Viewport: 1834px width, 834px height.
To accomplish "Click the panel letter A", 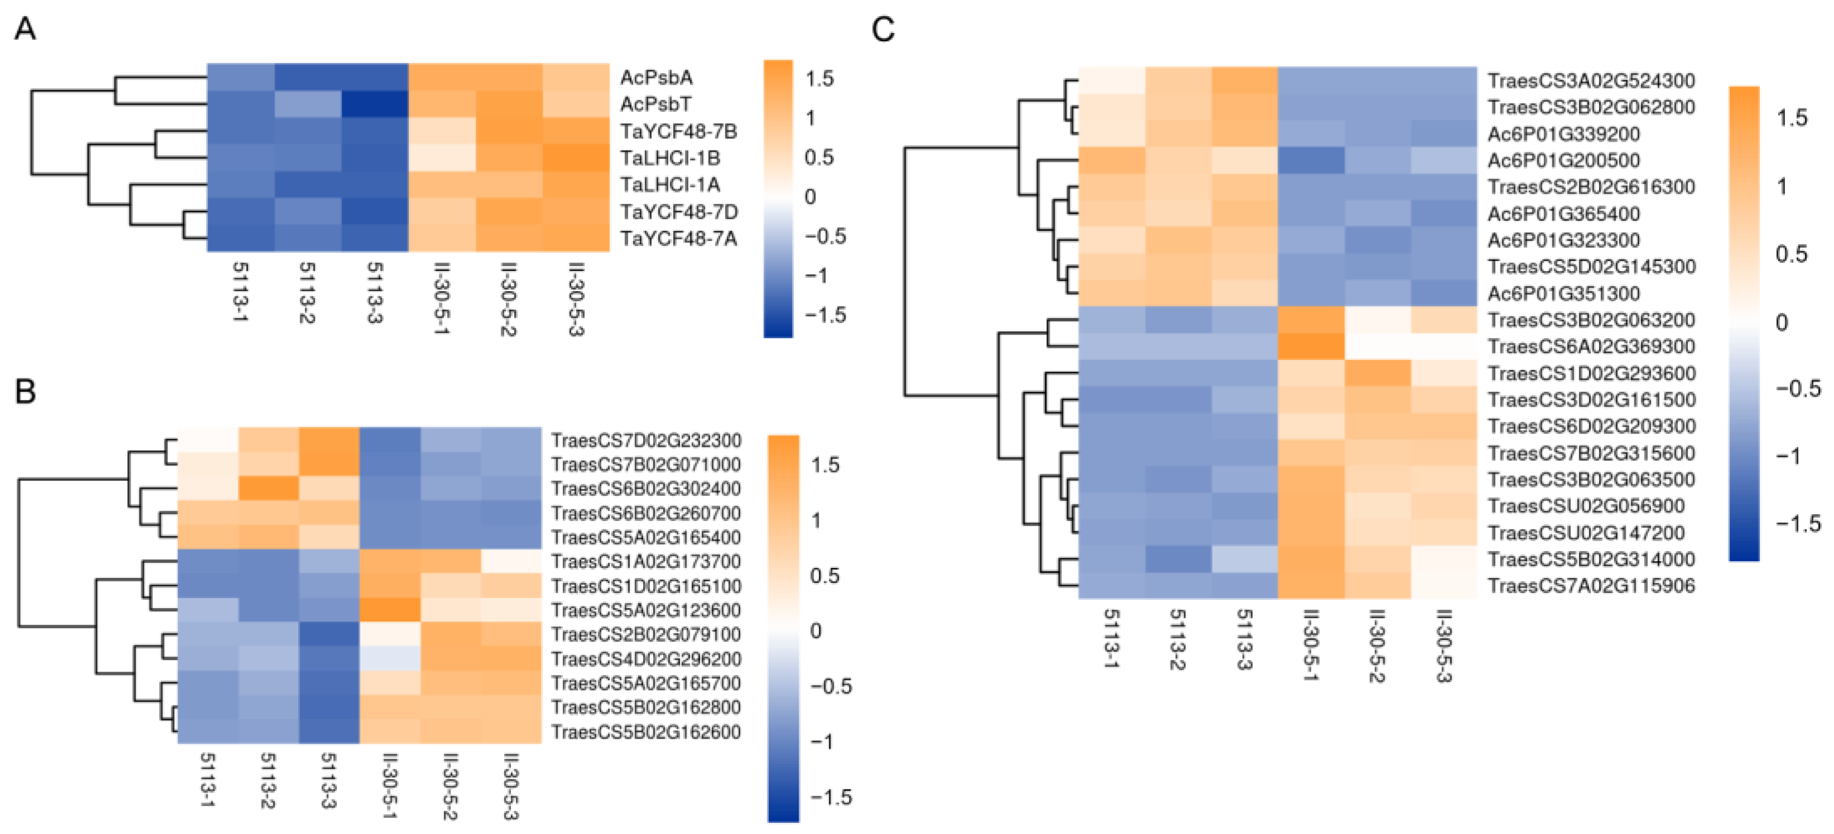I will click(x=25, y=30).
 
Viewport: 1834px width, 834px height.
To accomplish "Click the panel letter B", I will click(x=25, y=391).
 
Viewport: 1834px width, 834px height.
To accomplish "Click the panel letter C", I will click(x=883, y=30).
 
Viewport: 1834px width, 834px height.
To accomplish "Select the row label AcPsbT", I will click(x=655, y=104).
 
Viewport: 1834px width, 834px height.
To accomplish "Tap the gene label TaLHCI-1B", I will click(x=669, y=157).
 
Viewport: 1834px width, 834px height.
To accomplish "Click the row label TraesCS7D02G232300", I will click(x=646, y=440).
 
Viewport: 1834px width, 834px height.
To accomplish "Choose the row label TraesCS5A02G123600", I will click(x=646, y=610).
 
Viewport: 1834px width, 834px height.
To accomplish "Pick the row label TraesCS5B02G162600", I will click(x=646, y=731).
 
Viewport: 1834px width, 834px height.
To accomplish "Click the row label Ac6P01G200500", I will click(x=1563, y=160).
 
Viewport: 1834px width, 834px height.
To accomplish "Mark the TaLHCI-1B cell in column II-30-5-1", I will click(x=441, y=157).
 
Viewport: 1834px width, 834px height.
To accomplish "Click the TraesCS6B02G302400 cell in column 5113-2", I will click(x=268, y=489).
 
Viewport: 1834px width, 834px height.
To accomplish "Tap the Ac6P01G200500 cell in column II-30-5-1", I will click(x=1311, y=160).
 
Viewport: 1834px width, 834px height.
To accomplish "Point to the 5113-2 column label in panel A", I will click(x=307, y=292).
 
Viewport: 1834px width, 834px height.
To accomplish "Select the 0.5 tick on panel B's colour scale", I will click(x=824, y=576).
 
